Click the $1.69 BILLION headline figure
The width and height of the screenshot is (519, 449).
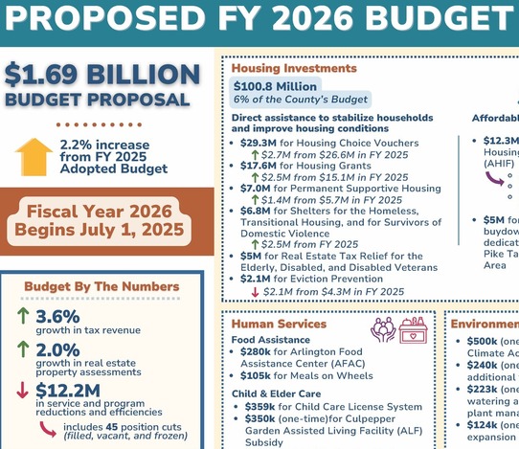click(102, 76)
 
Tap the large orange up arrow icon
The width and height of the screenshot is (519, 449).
click(34, 156)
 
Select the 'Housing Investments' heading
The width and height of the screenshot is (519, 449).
click(281, 68)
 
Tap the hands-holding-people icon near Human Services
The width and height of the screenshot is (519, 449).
click(384, 328)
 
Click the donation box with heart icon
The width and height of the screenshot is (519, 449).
click(414, 328)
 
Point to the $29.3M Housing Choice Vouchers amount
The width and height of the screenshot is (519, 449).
click(259, 143)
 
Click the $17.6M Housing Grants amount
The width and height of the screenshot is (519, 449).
click(259, 166)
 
